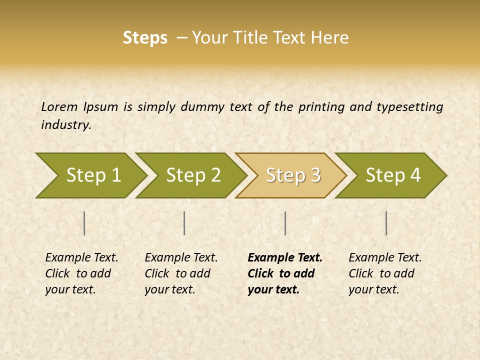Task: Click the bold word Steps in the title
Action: (145, 38)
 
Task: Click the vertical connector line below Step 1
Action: (84, 223)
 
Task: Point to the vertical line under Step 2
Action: (184, 223)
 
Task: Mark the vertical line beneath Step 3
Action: (285, 223)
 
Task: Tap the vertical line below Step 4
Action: (386, 223)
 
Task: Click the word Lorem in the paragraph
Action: (59, 106)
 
